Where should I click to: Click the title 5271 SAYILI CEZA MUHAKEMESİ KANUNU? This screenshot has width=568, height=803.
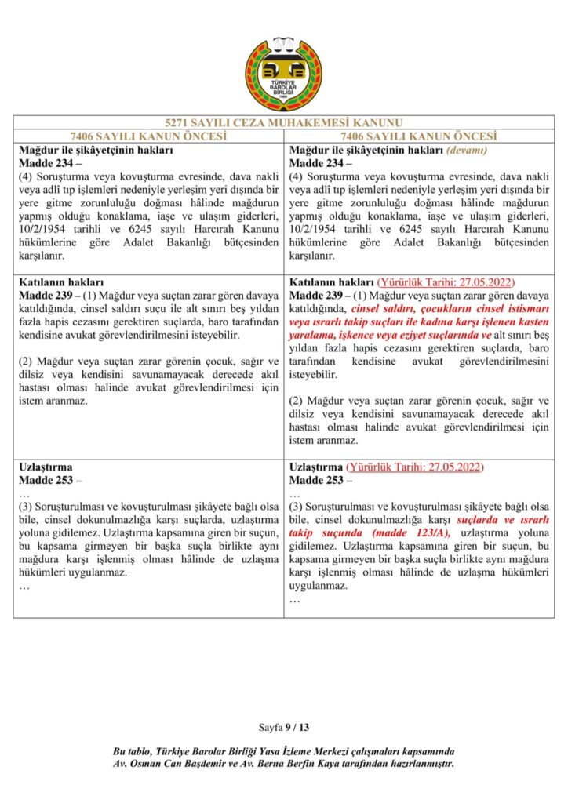pyautogui.click(x=283, y=123)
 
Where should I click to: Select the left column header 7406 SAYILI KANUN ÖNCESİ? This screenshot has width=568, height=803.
pyautogui.click(x=148, y=136)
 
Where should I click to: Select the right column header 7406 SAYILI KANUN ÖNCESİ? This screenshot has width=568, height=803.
pyautogui.click(x=419, y=136)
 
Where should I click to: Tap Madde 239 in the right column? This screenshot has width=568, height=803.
pyautogui.click(x=319, y=295)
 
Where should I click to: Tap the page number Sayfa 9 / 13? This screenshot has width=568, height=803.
pyautogui.click(x=283, y=728)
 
